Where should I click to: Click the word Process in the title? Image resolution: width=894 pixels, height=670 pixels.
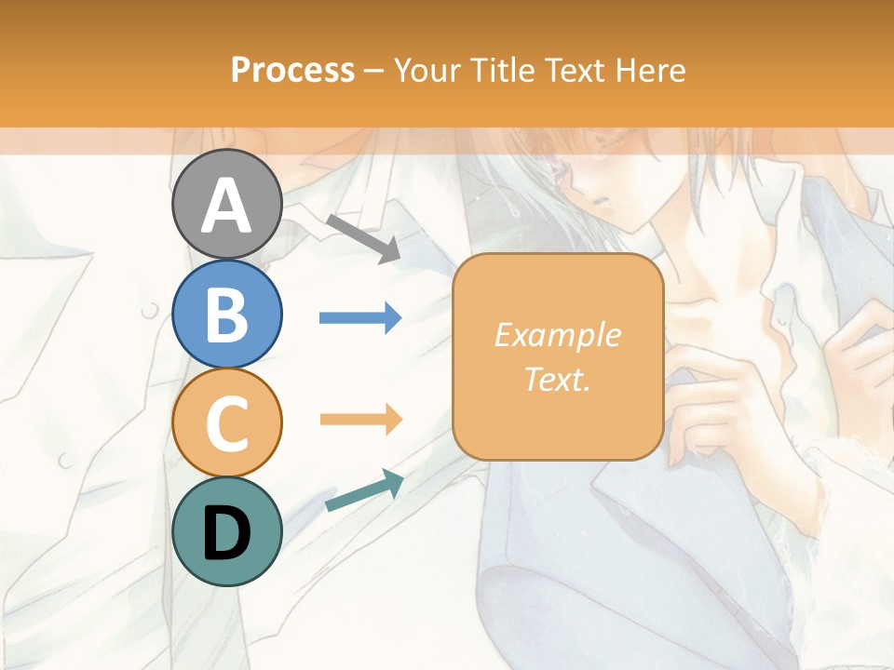(x=292, y=71)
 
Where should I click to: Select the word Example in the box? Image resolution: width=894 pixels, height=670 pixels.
(x=558, y=335)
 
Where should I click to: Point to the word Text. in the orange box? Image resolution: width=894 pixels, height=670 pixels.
(x=558, y=379)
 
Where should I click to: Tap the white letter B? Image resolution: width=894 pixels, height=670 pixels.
(x=226, y=315)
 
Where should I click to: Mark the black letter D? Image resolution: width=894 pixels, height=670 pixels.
(x=226, y=532)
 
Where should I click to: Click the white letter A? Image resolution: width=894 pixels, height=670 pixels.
(x=226, y=205)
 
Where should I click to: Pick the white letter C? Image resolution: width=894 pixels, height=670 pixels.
(x=226, y=423)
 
